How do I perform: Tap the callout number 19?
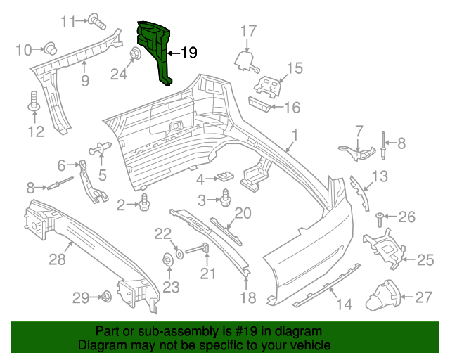[x=188, y=53]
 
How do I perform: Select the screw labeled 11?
[x=97, y=22]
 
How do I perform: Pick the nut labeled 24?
[x=133, y=53]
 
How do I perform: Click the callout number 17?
[x=249, y=30]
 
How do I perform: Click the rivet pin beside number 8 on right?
[x=383, y=144]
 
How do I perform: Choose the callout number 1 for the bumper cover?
[x=295, y=134]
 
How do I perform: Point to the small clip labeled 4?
[x=225, y=176]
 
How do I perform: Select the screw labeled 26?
[x=380, y=217]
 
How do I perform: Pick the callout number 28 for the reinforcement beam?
[x=56, y=259]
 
